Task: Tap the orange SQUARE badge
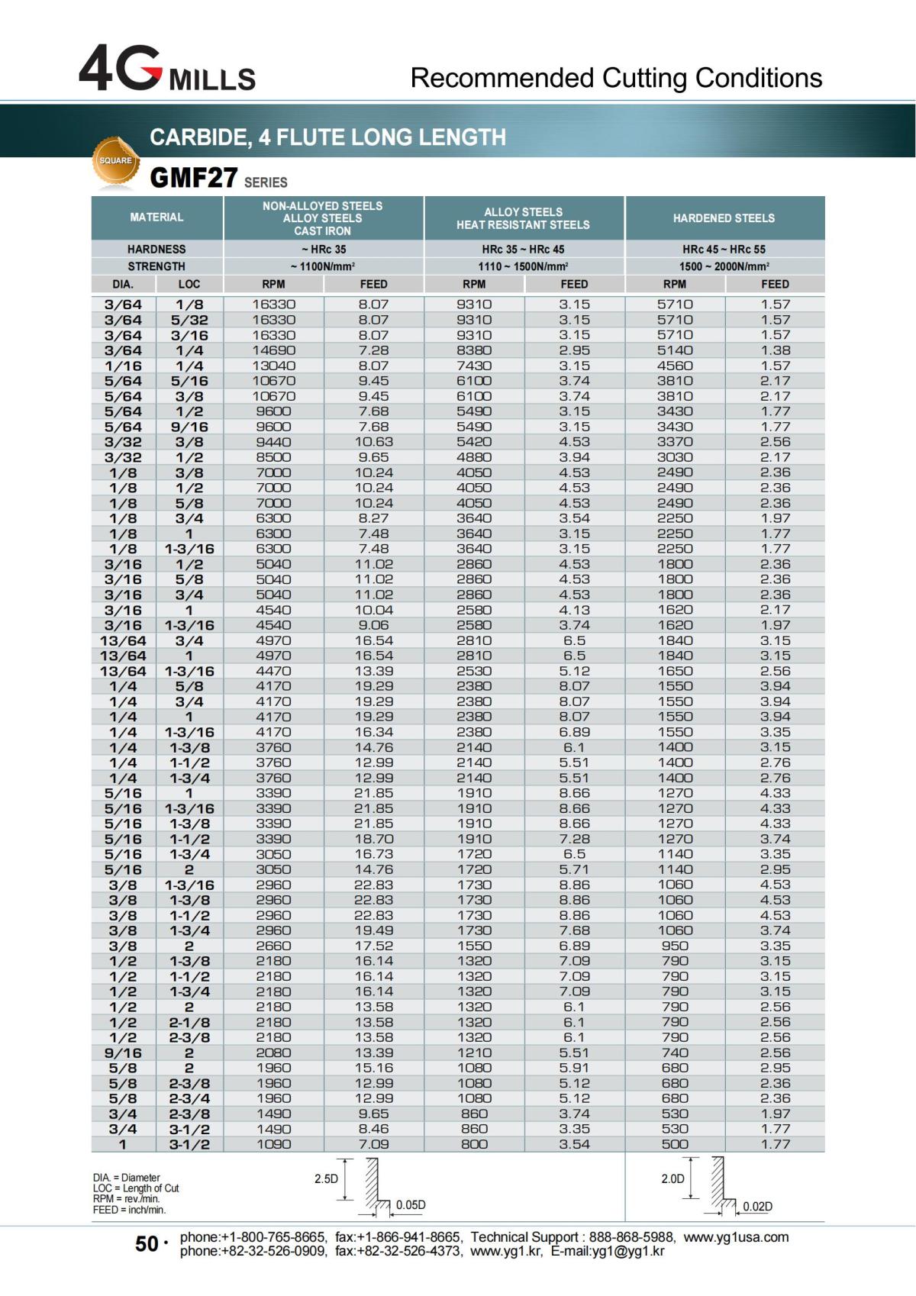[116, 161]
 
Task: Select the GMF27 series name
[194, 179]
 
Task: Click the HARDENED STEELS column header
[724, 218]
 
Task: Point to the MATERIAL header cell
[156, 218]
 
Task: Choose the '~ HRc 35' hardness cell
[323, 250]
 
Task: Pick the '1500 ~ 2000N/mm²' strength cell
[724, 266]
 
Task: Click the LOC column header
[189, 284]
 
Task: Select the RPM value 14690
[273, 350]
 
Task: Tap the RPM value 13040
[273, 366]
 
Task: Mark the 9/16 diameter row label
[123, 1053]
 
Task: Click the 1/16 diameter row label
[123, 366]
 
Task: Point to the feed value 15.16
[373, 1068]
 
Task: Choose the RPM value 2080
[273, 1053]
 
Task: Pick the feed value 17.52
[373, 946]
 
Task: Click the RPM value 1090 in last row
[273, 1144]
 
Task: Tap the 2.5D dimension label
[326, 1179]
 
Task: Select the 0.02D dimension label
[758, 1207]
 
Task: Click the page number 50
[147, 1245]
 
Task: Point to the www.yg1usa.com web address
[736, 1237]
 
